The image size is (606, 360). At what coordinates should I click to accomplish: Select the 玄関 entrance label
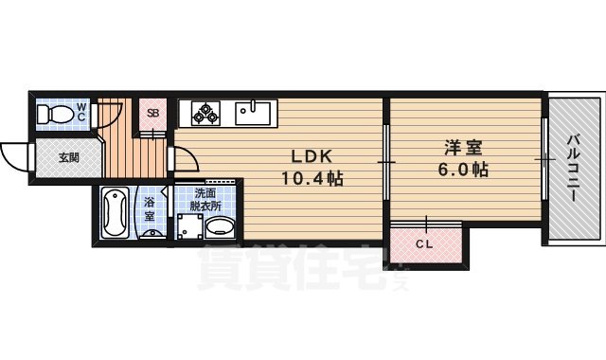click(x=69, y=157)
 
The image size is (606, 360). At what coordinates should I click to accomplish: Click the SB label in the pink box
click(x=152, y=113)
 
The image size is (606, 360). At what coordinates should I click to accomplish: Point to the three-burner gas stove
click(x=205, y=114)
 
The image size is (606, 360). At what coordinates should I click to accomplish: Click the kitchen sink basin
click(x=253, y=113)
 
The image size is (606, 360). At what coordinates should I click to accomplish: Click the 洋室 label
click(x=465, y=150)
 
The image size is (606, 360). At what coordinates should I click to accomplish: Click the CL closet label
click(x=425, y=244)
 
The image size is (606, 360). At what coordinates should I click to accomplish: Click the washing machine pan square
click(x=190, y=227)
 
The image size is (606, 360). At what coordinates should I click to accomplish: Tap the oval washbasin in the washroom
click(x=223, y=228)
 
